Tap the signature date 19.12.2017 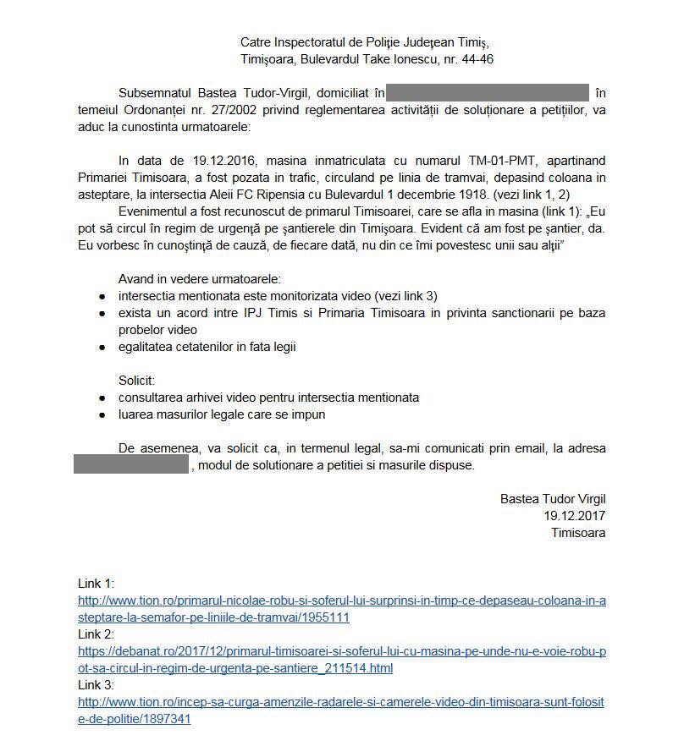coord(575,515)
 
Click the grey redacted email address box coord(130,464)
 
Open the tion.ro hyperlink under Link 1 coord(342,609)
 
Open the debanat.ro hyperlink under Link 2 coord(342,660)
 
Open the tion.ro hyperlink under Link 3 coord(342,710)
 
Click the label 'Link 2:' coord(95,634)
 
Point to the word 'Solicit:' coord(137,381)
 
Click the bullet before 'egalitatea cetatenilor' coord(102,347)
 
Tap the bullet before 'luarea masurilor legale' coord(102,414)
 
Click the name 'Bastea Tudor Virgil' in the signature coord(553,498)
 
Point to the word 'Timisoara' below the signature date coord(578,532)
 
